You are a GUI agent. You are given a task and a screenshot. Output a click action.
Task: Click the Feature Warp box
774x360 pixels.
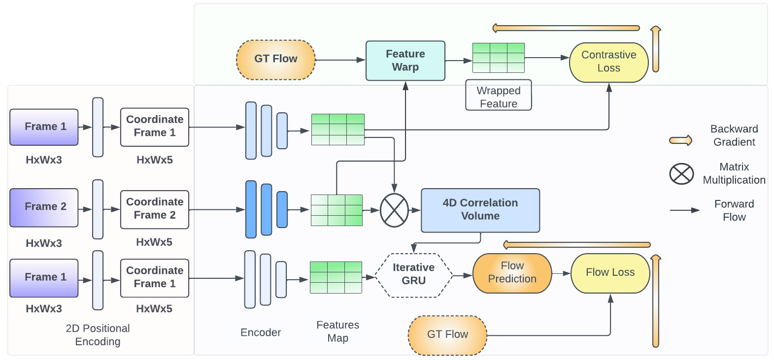point(405,61)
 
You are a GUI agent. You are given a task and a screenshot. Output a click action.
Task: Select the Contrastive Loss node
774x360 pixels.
point(608,62)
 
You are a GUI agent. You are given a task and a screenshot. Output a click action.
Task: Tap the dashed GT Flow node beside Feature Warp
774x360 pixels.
point(275,60)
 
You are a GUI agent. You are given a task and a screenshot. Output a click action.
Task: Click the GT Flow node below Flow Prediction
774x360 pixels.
point(447,335)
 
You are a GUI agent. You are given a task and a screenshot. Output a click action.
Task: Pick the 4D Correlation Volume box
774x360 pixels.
point(480,210)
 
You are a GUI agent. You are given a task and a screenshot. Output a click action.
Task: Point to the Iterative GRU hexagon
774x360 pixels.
point(413,275)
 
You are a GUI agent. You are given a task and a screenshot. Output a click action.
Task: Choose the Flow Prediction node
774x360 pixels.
point(512,273)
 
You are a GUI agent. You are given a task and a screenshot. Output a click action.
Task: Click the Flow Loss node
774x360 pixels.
point(610,273)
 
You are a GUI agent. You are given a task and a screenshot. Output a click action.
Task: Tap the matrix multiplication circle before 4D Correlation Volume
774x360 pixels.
point(394,210)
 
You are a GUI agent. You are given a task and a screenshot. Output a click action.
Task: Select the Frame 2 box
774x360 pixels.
point(44,207)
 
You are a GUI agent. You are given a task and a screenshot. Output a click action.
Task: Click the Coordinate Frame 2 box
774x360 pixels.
point(154,209)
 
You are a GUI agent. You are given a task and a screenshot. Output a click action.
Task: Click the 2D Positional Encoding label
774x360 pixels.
point(98,335)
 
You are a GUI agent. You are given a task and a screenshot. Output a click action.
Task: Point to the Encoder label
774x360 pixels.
point(260,332)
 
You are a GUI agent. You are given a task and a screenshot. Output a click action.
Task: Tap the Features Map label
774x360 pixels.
point(337,331)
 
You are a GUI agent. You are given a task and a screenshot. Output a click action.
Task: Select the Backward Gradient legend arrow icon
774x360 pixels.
point(680,141)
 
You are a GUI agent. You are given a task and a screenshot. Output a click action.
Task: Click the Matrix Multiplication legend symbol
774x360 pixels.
point(681,174)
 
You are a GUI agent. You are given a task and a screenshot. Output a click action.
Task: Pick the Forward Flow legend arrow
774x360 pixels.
point(685,210)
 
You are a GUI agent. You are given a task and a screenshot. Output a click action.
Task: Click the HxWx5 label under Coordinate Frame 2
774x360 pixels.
point(154,242)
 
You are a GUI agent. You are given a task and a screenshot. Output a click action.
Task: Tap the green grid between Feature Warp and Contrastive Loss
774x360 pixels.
point(498,58)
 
